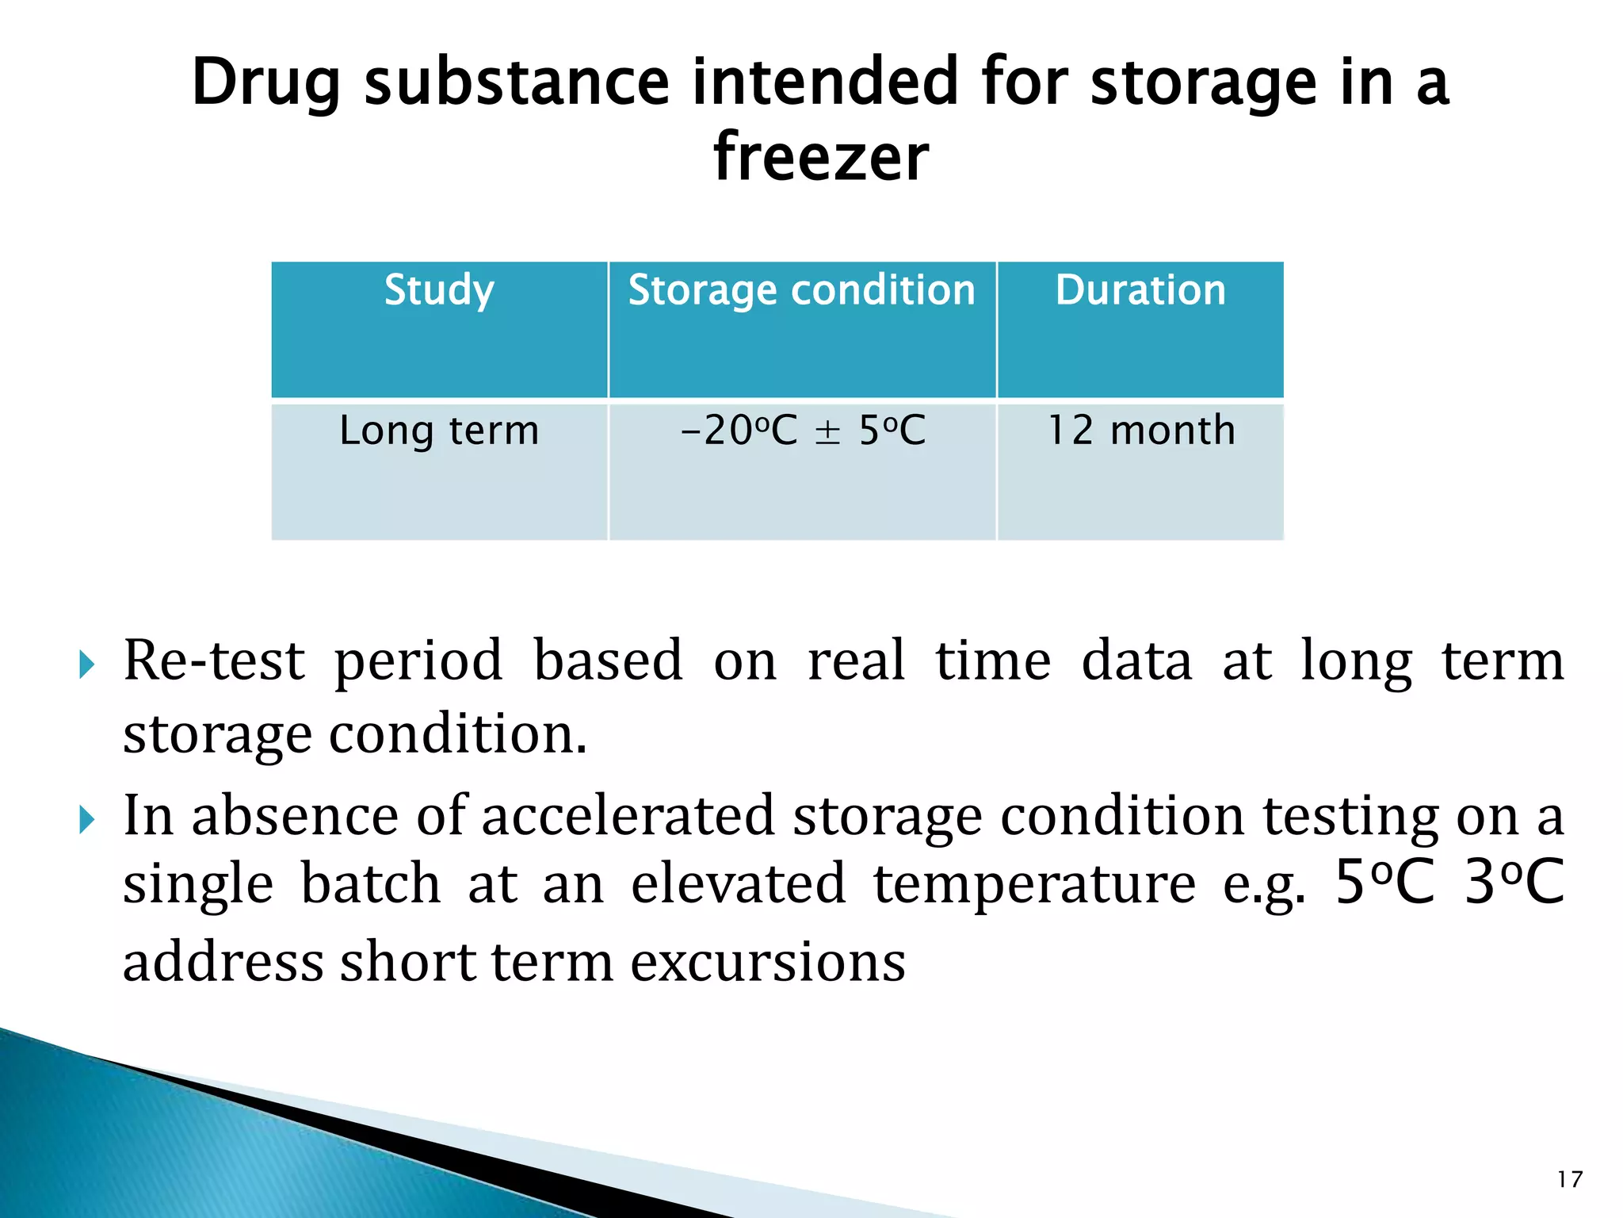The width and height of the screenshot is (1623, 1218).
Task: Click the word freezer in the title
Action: [x=820, y=157]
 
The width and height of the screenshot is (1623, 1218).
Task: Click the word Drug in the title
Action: [x=266, y=83]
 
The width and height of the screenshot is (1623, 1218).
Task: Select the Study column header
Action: [x=439, y=290]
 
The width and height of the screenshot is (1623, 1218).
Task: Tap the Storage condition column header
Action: [x=801, y=290]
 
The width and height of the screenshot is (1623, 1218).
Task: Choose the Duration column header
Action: [x=1140, y=290]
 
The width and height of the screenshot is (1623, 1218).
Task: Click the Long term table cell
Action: [x=439, y=431]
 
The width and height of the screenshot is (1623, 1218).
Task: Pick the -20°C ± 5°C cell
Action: [x=802, y=431]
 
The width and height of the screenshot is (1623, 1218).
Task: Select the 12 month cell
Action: [x=1140, y=431]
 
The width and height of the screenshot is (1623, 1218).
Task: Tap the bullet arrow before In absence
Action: [x=87, y=819]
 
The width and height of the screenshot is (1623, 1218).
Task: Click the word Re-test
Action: [x=214, y=661]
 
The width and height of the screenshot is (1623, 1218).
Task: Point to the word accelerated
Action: [x=628, y=816]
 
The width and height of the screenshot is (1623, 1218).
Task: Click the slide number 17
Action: [x=1569, y=1179]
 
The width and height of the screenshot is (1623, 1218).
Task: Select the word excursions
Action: [x=768, y=962]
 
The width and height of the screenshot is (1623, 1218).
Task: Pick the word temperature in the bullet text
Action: [x=1034, y=885]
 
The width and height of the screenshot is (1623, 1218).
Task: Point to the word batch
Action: [x=371, y=885]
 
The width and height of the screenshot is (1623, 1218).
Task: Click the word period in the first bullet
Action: [x=418, y=662]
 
